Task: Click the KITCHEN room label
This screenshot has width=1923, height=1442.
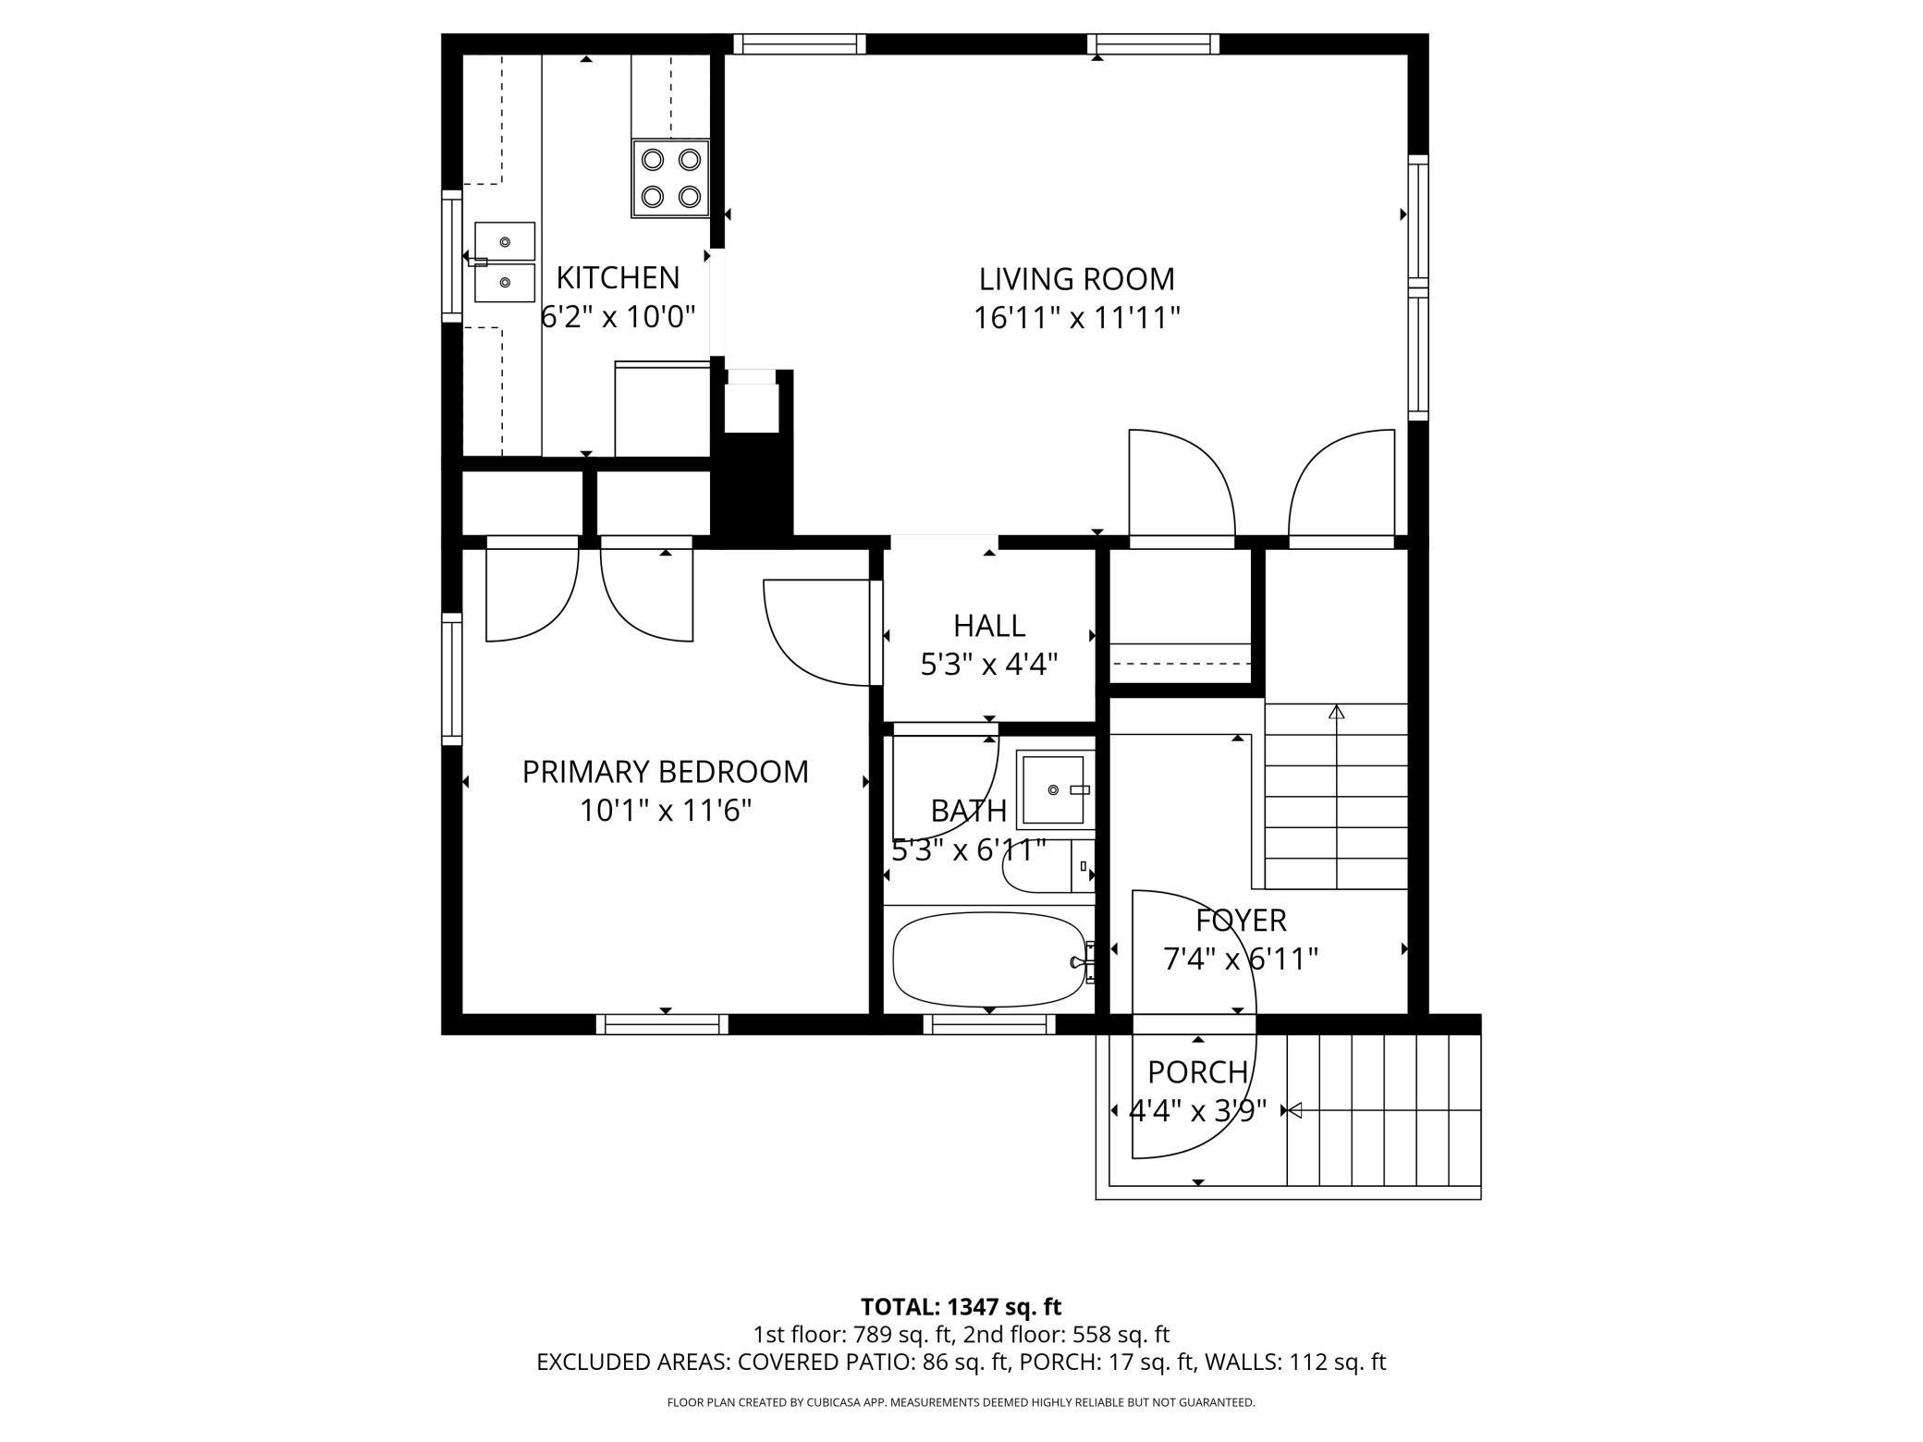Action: pos(618,277)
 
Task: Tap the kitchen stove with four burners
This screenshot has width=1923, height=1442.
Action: pos(671,178)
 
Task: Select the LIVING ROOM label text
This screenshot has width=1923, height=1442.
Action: pos(1077,278)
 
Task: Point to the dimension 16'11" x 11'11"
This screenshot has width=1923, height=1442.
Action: pos(1077,318)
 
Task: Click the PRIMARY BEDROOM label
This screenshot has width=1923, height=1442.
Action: pos(666,772)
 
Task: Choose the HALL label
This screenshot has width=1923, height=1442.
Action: pos(989,626)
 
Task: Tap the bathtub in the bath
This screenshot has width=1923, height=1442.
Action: pos(989,959)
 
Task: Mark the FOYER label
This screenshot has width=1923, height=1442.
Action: pos(1241,920)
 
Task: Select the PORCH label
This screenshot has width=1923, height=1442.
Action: pos(1198,1072)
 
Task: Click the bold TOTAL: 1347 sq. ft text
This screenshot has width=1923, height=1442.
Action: pos(961,1307)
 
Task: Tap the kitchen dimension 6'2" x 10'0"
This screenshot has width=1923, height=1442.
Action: pos(618,317)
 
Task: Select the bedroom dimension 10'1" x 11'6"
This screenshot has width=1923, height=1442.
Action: pos(666,811)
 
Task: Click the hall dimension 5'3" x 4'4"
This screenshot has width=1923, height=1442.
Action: pos(989,665)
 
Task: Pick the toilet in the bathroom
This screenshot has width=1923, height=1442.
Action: pos(1048,866)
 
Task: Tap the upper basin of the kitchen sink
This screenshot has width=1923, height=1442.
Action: pos(505,241)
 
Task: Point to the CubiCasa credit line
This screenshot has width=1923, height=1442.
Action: pos(961,1402)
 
